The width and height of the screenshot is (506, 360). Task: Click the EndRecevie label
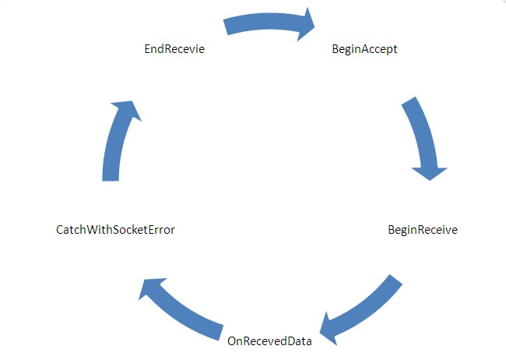coord(174,49)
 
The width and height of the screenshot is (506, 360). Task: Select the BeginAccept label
coord(364,49)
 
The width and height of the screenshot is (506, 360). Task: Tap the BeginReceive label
coord(423,230)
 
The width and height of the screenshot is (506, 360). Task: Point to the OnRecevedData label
coord(269,340)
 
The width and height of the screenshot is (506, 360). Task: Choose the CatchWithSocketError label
coord(110,230)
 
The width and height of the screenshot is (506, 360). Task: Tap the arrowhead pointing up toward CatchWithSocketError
coord(152,289)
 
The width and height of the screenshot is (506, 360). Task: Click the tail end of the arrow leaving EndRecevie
coord(228,26)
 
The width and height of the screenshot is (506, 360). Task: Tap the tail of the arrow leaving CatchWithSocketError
coord(111,178)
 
